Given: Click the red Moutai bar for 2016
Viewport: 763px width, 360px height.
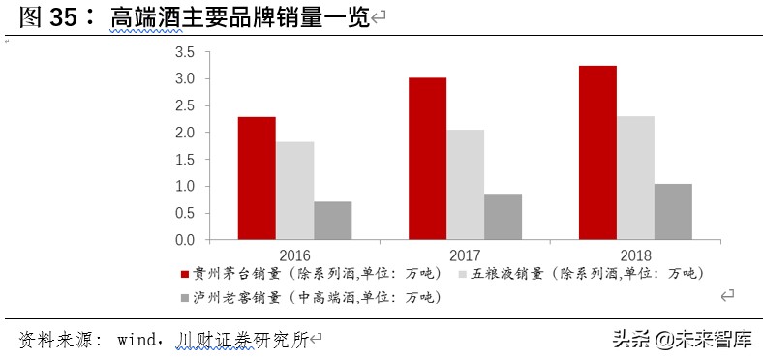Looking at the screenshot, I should click(257, 178).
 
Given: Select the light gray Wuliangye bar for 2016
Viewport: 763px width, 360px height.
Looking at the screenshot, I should click(294, 191).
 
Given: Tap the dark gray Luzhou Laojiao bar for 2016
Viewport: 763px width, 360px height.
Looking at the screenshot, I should click(332, 220).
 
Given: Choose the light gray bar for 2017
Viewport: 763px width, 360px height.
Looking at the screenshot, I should click(465, 184).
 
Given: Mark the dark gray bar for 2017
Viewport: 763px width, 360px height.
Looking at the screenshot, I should click(503, 216).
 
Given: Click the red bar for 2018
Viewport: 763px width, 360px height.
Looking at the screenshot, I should click(597, 152).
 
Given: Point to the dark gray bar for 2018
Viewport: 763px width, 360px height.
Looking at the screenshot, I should click(673, 211).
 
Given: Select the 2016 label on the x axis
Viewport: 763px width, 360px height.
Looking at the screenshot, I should click(294, 255).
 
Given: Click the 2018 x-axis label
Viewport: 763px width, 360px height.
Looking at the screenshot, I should click(635, 255).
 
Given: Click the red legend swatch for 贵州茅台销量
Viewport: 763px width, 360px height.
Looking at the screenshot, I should click(186, 275).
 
